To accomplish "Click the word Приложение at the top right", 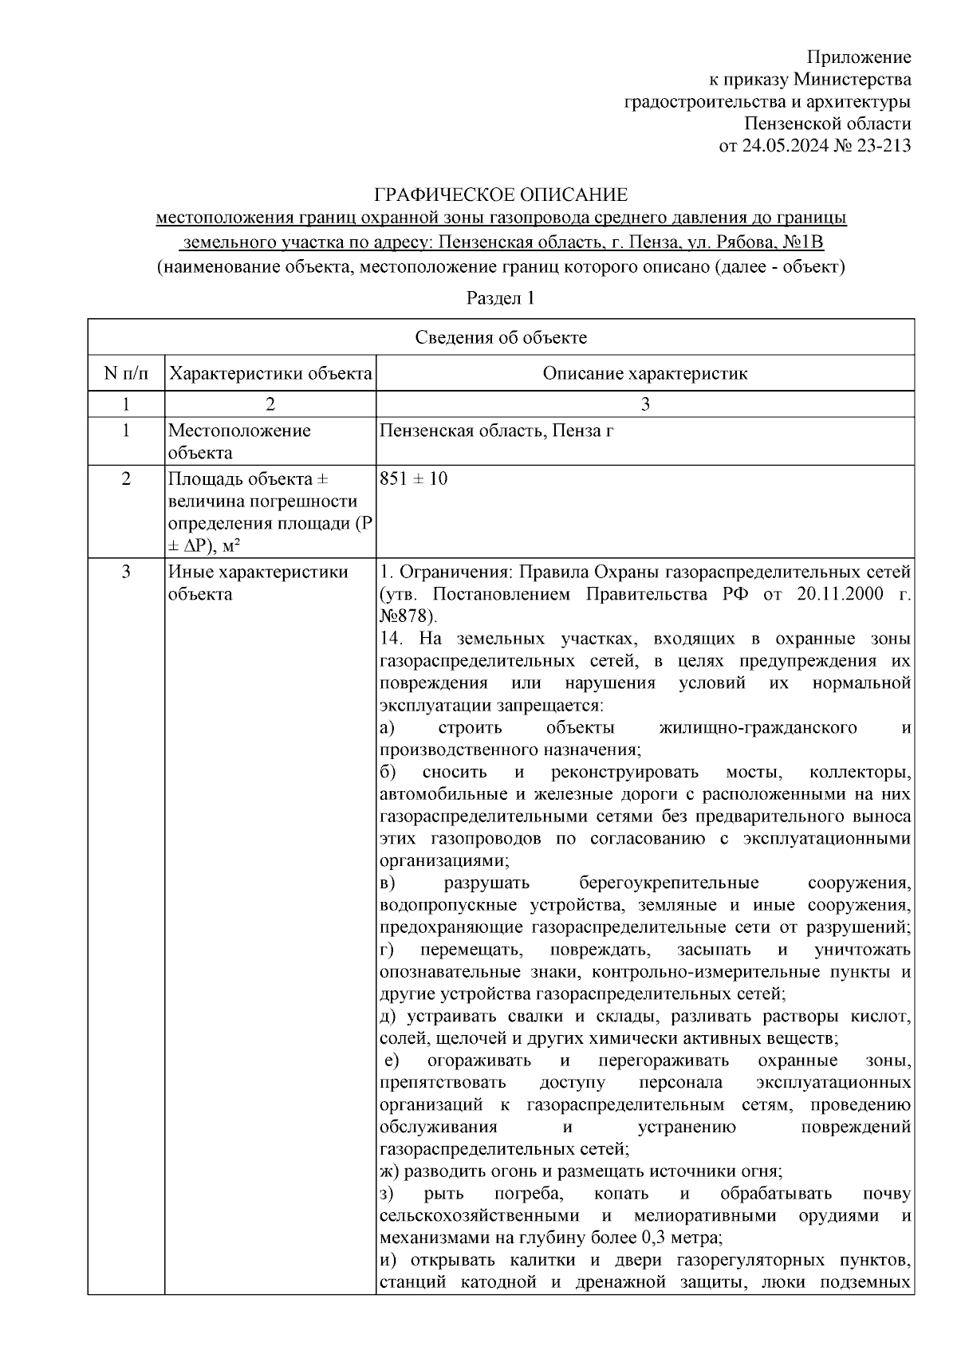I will coord(859,57).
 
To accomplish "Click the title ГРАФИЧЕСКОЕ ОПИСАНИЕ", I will coord(502,195).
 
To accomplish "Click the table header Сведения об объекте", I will coord(501,337).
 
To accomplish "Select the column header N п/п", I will coord(126,373).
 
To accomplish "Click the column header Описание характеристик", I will coord(644,373).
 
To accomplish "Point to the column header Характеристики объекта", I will coord(270,373).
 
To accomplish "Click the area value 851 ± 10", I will coord(413,478).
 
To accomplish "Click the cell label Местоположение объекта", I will coord(239,441).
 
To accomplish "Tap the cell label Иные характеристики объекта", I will coord(258,583).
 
